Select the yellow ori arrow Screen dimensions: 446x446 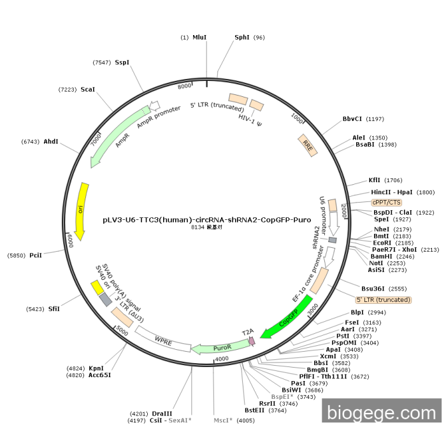click(82, 211)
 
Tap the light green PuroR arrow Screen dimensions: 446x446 click(220, 347)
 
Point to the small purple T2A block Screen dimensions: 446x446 click(252, 341)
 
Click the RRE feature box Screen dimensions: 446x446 click(308, 145)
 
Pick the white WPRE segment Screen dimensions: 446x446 click(163, 339)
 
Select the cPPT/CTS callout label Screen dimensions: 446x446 click(387, 202)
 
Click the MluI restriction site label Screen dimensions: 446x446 click(199, 37)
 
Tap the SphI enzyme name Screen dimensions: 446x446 click(241, 37)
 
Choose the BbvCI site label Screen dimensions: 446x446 click(352, 119)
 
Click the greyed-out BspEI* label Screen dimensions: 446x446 click(282, 396)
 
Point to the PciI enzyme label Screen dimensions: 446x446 click(36, 255)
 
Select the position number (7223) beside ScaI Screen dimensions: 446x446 click(68, 90)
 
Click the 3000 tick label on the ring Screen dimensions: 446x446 click(313, 309)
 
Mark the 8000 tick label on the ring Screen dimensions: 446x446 click(184, 86)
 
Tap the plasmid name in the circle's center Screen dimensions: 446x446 click(207, 220)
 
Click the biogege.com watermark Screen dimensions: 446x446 click(382, 413)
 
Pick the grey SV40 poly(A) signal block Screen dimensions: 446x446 click(106, 300)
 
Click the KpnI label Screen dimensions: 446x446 click(96, 368)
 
